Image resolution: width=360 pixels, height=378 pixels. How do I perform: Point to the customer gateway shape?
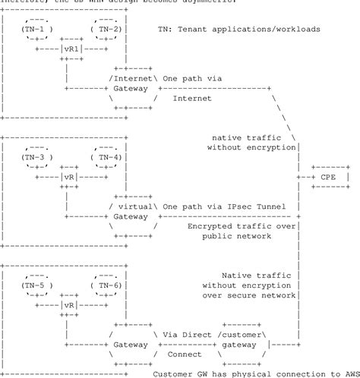click(242, 343)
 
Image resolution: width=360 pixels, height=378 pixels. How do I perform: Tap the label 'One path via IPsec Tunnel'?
click(230, 205)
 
